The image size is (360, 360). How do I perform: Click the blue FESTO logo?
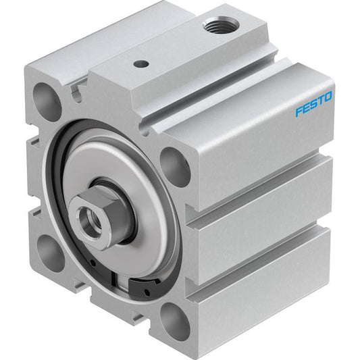(x=313, y=104)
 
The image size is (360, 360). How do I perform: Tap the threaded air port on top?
(x=221, y=24)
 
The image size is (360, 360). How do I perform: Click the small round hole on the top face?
(x=140, y=63)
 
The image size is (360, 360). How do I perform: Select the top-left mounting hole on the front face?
(x=47, y=102)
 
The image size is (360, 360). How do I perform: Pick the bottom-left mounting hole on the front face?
(x=50, y=252)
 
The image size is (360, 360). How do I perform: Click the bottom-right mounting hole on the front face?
(x=175, y=322)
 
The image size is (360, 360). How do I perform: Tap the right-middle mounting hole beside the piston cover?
(x=175, y=166)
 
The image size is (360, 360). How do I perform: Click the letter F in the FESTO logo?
(x=299, y=111)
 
